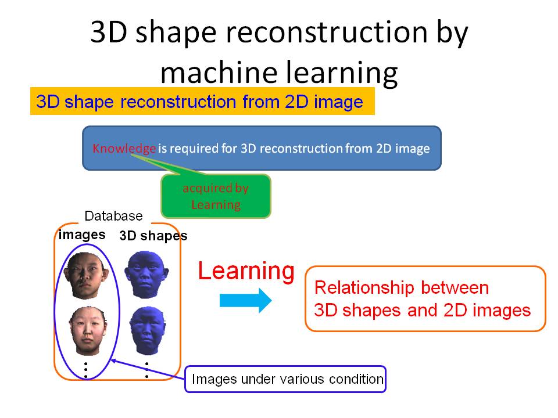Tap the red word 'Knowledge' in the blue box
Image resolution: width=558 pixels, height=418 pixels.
(x=124, y=148)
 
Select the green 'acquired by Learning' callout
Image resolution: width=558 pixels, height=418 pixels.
(x=216, y=196)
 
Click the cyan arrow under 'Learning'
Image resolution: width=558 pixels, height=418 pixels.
(x=245, y=300)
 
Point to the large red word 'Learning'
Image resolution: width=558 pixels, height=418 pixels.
(x=246, y=272)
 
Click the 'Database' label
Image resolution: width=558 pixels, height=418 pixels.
(x=113, y=216)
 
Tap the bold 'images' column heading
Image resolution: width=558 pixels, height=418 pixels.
(x=82, y=235)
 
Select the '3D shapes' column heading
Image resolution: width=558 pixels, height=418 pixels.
(x=153, y=236)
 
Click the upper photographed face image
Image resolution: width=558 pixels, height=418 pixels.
(x=85, y=275)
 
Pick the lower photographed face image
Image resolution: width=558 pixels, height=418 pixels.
(x=88, y=331)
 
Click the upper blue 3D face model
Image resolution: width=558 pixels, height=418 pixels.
(x=146, y=274)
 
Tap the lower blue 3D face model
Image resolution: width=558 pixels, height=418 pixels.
(x=147, y=330)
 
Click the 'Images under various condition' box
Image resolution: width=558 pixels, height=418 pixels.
(x=285, y=379)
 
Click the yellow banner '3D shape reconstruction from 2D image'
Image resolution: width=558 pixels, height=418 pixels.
(x=202, y=101)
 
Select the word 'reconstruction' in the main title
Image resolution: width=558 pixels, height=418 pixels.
(x=327, y=32)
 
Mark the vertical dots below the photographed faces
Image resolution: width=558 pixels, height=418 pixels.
(x=86, y=370)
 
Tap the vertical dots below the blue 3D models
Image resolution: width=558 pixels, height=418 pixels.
(x=146, y=370)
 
